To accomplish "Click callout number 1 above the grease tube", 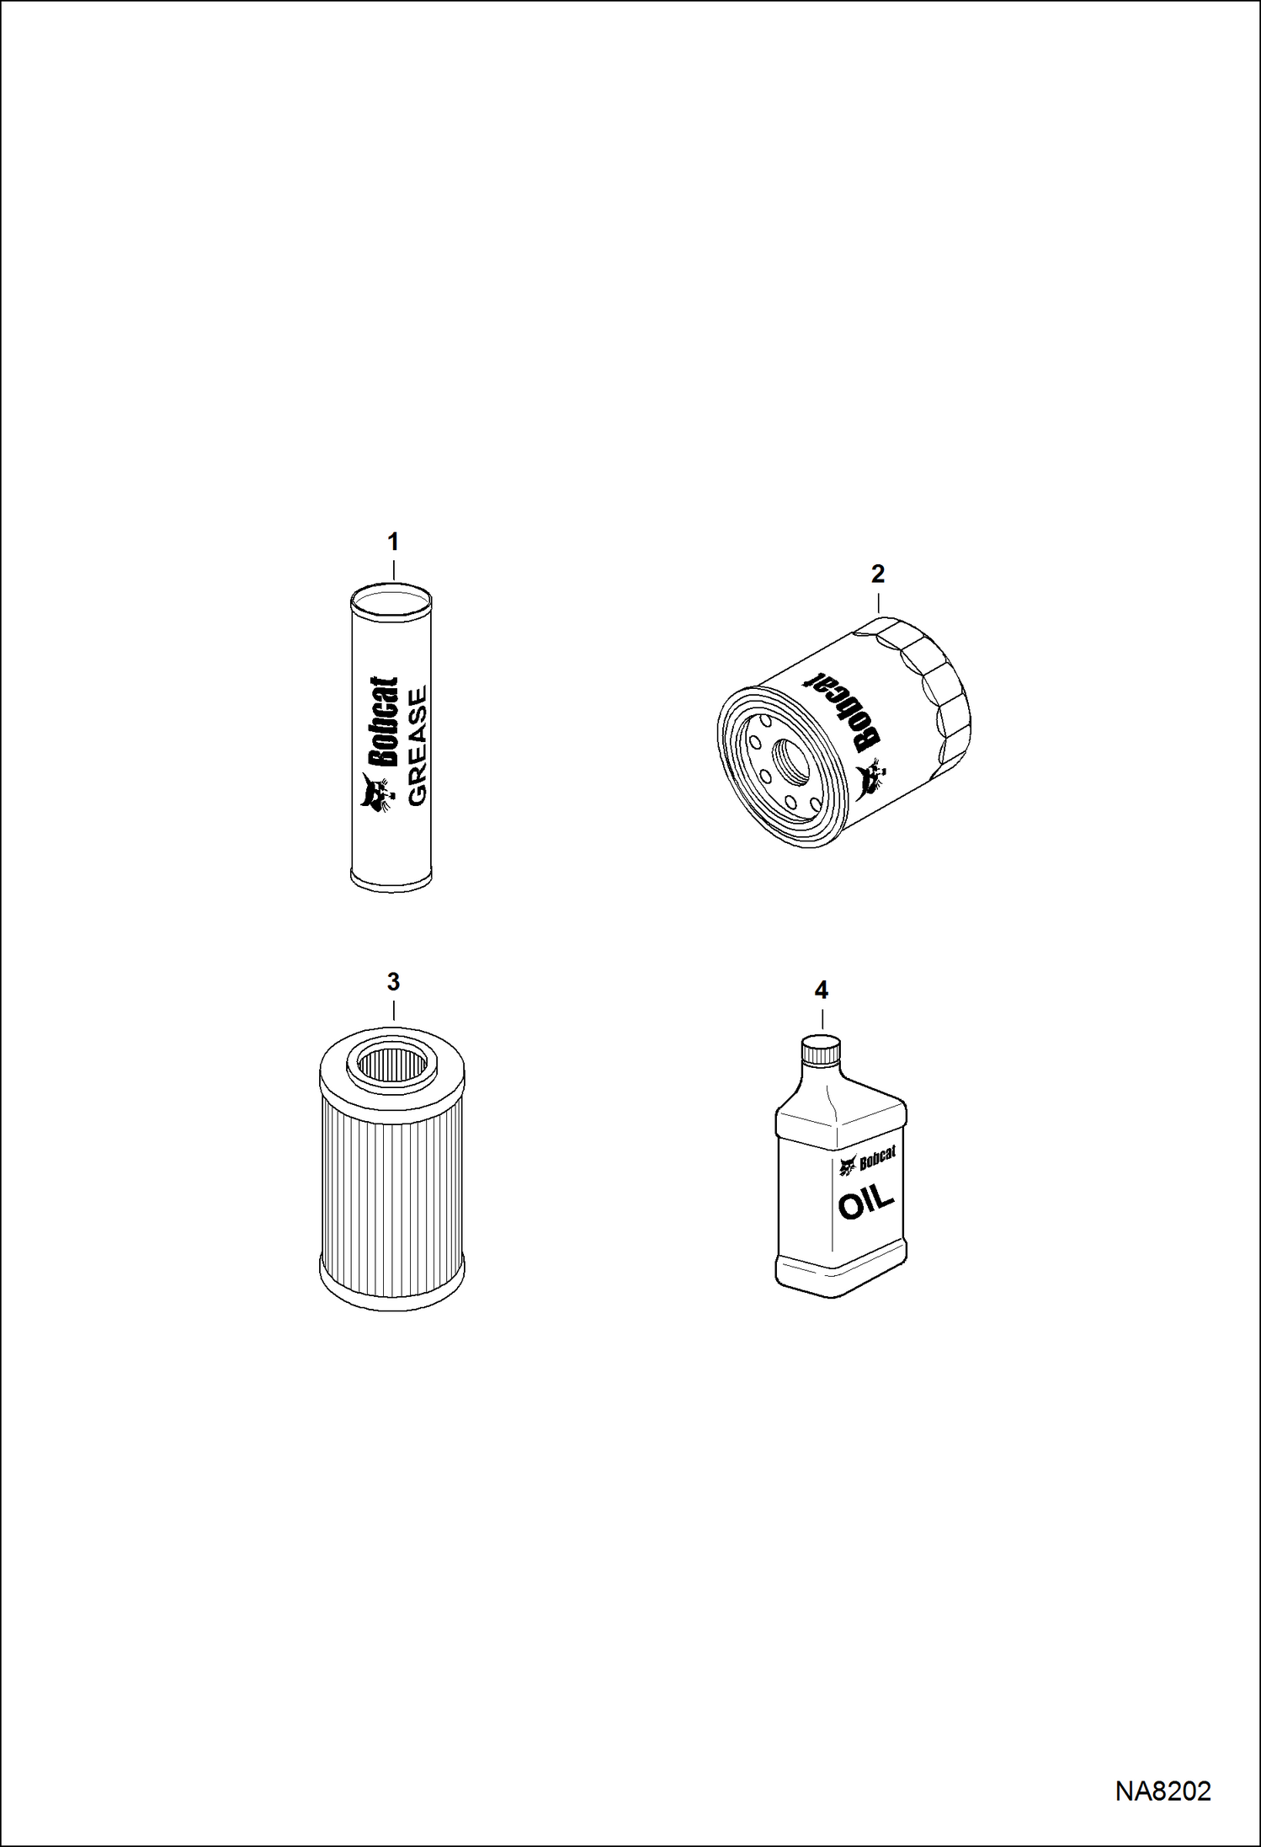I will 392,542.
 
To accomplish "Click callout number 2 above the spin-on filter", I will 878,574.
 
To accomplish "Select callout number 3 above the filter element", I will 393,982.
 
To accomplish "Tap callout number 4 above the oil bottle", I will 822,990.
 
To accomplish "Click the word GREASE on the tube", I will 418,746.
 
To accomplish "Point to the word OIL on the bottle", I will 866,1204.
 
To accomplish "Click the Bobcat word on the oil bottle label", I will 877,1161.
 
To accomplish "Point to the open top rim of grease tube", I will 391,599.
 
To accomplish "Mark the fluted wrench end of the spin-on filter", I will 934,682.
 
